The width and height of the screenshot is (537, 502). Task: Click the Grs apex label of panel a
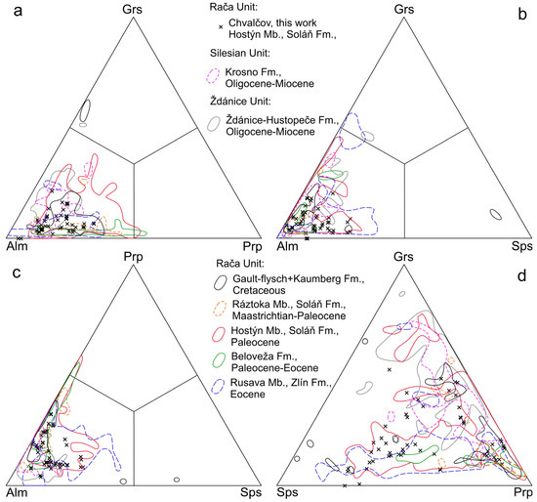tap(134, 10)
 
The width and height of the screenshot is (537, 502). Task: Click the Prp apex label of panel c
tap(134, 260)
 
